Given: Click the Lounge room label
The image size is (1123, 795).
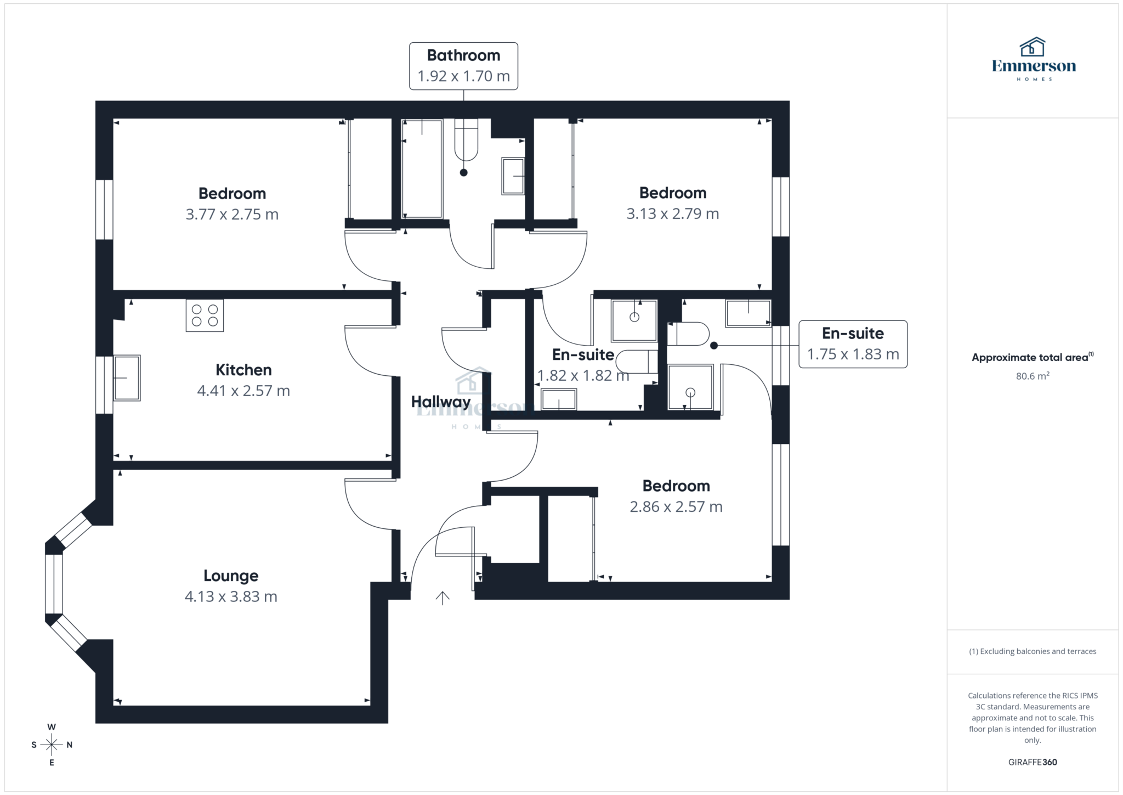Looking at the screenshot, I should pos(231,576).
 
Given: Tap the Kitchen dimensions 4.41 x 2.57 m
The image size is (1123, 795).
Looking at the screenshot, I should pos(243,391).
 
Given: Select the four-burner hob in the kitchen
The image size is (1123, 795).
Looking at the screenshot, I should pos(205,315).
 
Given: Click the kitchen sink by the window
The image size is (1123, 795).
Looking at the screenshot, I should pos(127,377).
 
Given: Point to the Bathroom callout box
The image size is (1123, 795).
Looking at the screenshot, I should pos(463,66).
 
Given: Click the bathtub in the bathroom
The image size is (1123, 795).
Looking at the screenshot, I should pos(422,168).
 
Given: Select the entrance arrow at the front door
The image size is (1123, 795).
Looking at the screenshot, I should pos(443,598).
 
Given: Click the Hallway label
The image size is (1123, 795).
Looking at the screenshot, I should pos(441,402).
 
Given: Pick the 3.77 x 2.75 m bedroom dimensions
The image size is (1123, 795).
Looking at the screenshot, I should pos(232,215).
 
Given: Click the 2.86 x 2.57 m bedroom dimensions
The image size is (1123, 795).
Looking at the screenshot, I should pos(676,507).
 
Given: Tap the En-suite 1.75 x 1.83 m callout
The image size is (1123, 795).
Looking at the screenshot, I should pos(853,344).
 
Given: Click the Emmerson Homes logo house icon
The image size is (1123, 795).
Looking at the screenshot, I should pos(1032,48).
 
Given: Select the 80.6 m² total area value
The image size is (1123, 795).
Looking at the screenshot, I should pos(1032,376).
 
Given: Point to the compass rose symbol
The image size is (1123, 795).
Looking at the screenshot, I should pos(52,745).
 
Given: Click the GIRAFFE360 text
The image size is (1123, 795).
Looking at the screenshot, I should pos(1032,762).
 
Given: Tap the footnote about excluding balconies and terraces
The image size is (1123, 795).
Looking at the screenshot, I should pos(1032,651).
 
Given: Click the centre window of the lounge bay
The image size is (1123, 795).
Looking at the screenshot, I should pos(54,584).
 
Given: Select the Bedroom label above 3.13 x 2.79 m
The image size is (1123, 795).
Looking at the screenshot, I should pos(673,193).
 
